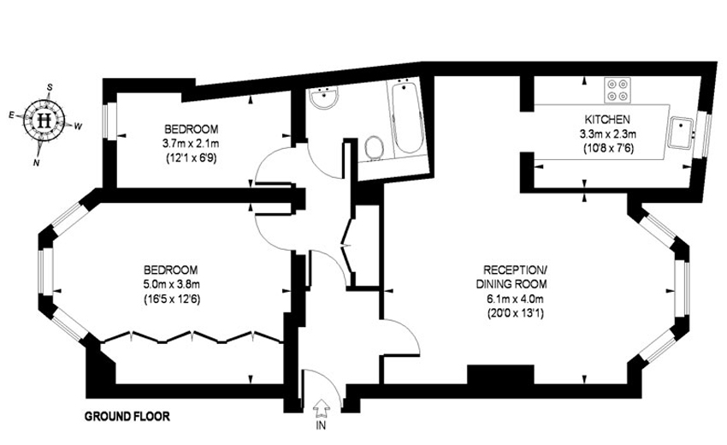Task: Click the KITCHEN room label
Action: pyautogui.click(x=607, y=119)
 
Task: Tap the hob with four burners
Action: pyautogui.click(x=618, y=90)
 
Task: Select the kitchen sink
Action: pyautogui.click(x=681, y=133)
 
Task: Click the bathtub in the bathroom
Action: pyautogui.click(x=407, y=117)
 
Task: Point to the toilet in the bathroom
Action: pyautogui.click(x=374, y=147)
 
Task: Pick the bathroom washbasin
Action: pyautogui.click(x=324, y=97)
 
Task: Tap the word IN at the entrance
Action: pyautogui.click(x=321, y=425)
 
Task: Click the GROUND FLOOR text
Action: pyautogui.click(x=127, y=416)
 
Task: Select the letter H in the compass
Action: pyautogui.click(x=44, y=120)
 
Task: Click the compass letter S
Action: pyautogui.click(x=50, y=87)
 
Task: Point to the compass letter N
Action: pyautogui.click(x=36, y=163)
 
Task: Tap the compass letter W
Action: pyautogui.click(x=78, y=126)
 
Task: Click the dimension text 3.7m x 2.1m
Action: pyautogui.click(x=191, y=144)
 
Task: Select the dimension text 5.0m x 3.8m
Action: pyautogui.click(x=172, y=284)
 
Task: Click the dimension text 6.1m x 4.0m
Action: pyautogui.click(x=515, y=299)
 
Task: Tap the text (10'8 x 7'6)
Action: pyautogui.click(x=607, y=149)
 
